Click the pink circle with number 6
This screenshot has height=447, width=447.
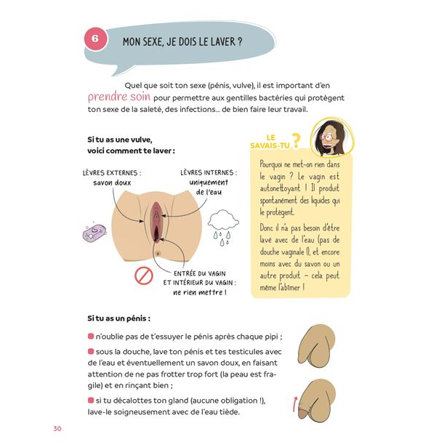pyautogui.click(x=95, y=39)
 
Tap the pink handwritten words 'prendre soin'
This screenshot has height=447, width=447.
pyautogui.click(x=119, y=97)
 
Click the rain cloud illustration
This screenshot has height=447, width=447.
pyautogui.click(x=223, y=227)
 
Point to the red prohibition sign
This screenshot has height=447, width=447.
pyautogui.click(x=144, y=275)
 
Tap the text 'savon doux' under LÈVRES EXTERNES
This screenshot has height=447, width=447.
pyautogui.click(x=112, y=182)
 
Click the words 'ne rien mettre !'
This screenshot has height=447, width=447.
pyautogui.click(x=200, y=292)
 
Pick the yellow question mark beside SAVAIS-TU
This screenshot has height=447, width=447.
pyautogui.click(x=297, y=141)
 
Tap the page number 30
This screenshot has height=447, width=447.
pyautogui.click(x=57, y=429)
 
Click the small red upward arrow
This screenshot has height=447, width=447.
pyautogui.click(x=295, y=404)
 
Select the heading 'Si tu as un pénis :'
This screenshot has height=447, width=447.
pyautogui.click(x=119, y=318)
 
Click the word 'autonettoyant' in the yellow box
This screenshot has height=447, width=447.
pyautogui.click(x=280, y=188)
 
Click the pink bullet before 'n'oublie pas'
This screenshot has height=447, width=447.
pyautogui.click(x=91, y=337)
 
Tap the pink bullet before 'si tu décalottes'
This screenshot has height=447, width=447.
pyautogui.click(x=91, y=400)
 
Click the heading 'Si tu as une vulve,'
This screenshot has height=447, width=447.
pyautogui.click(x=120, y=140)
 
